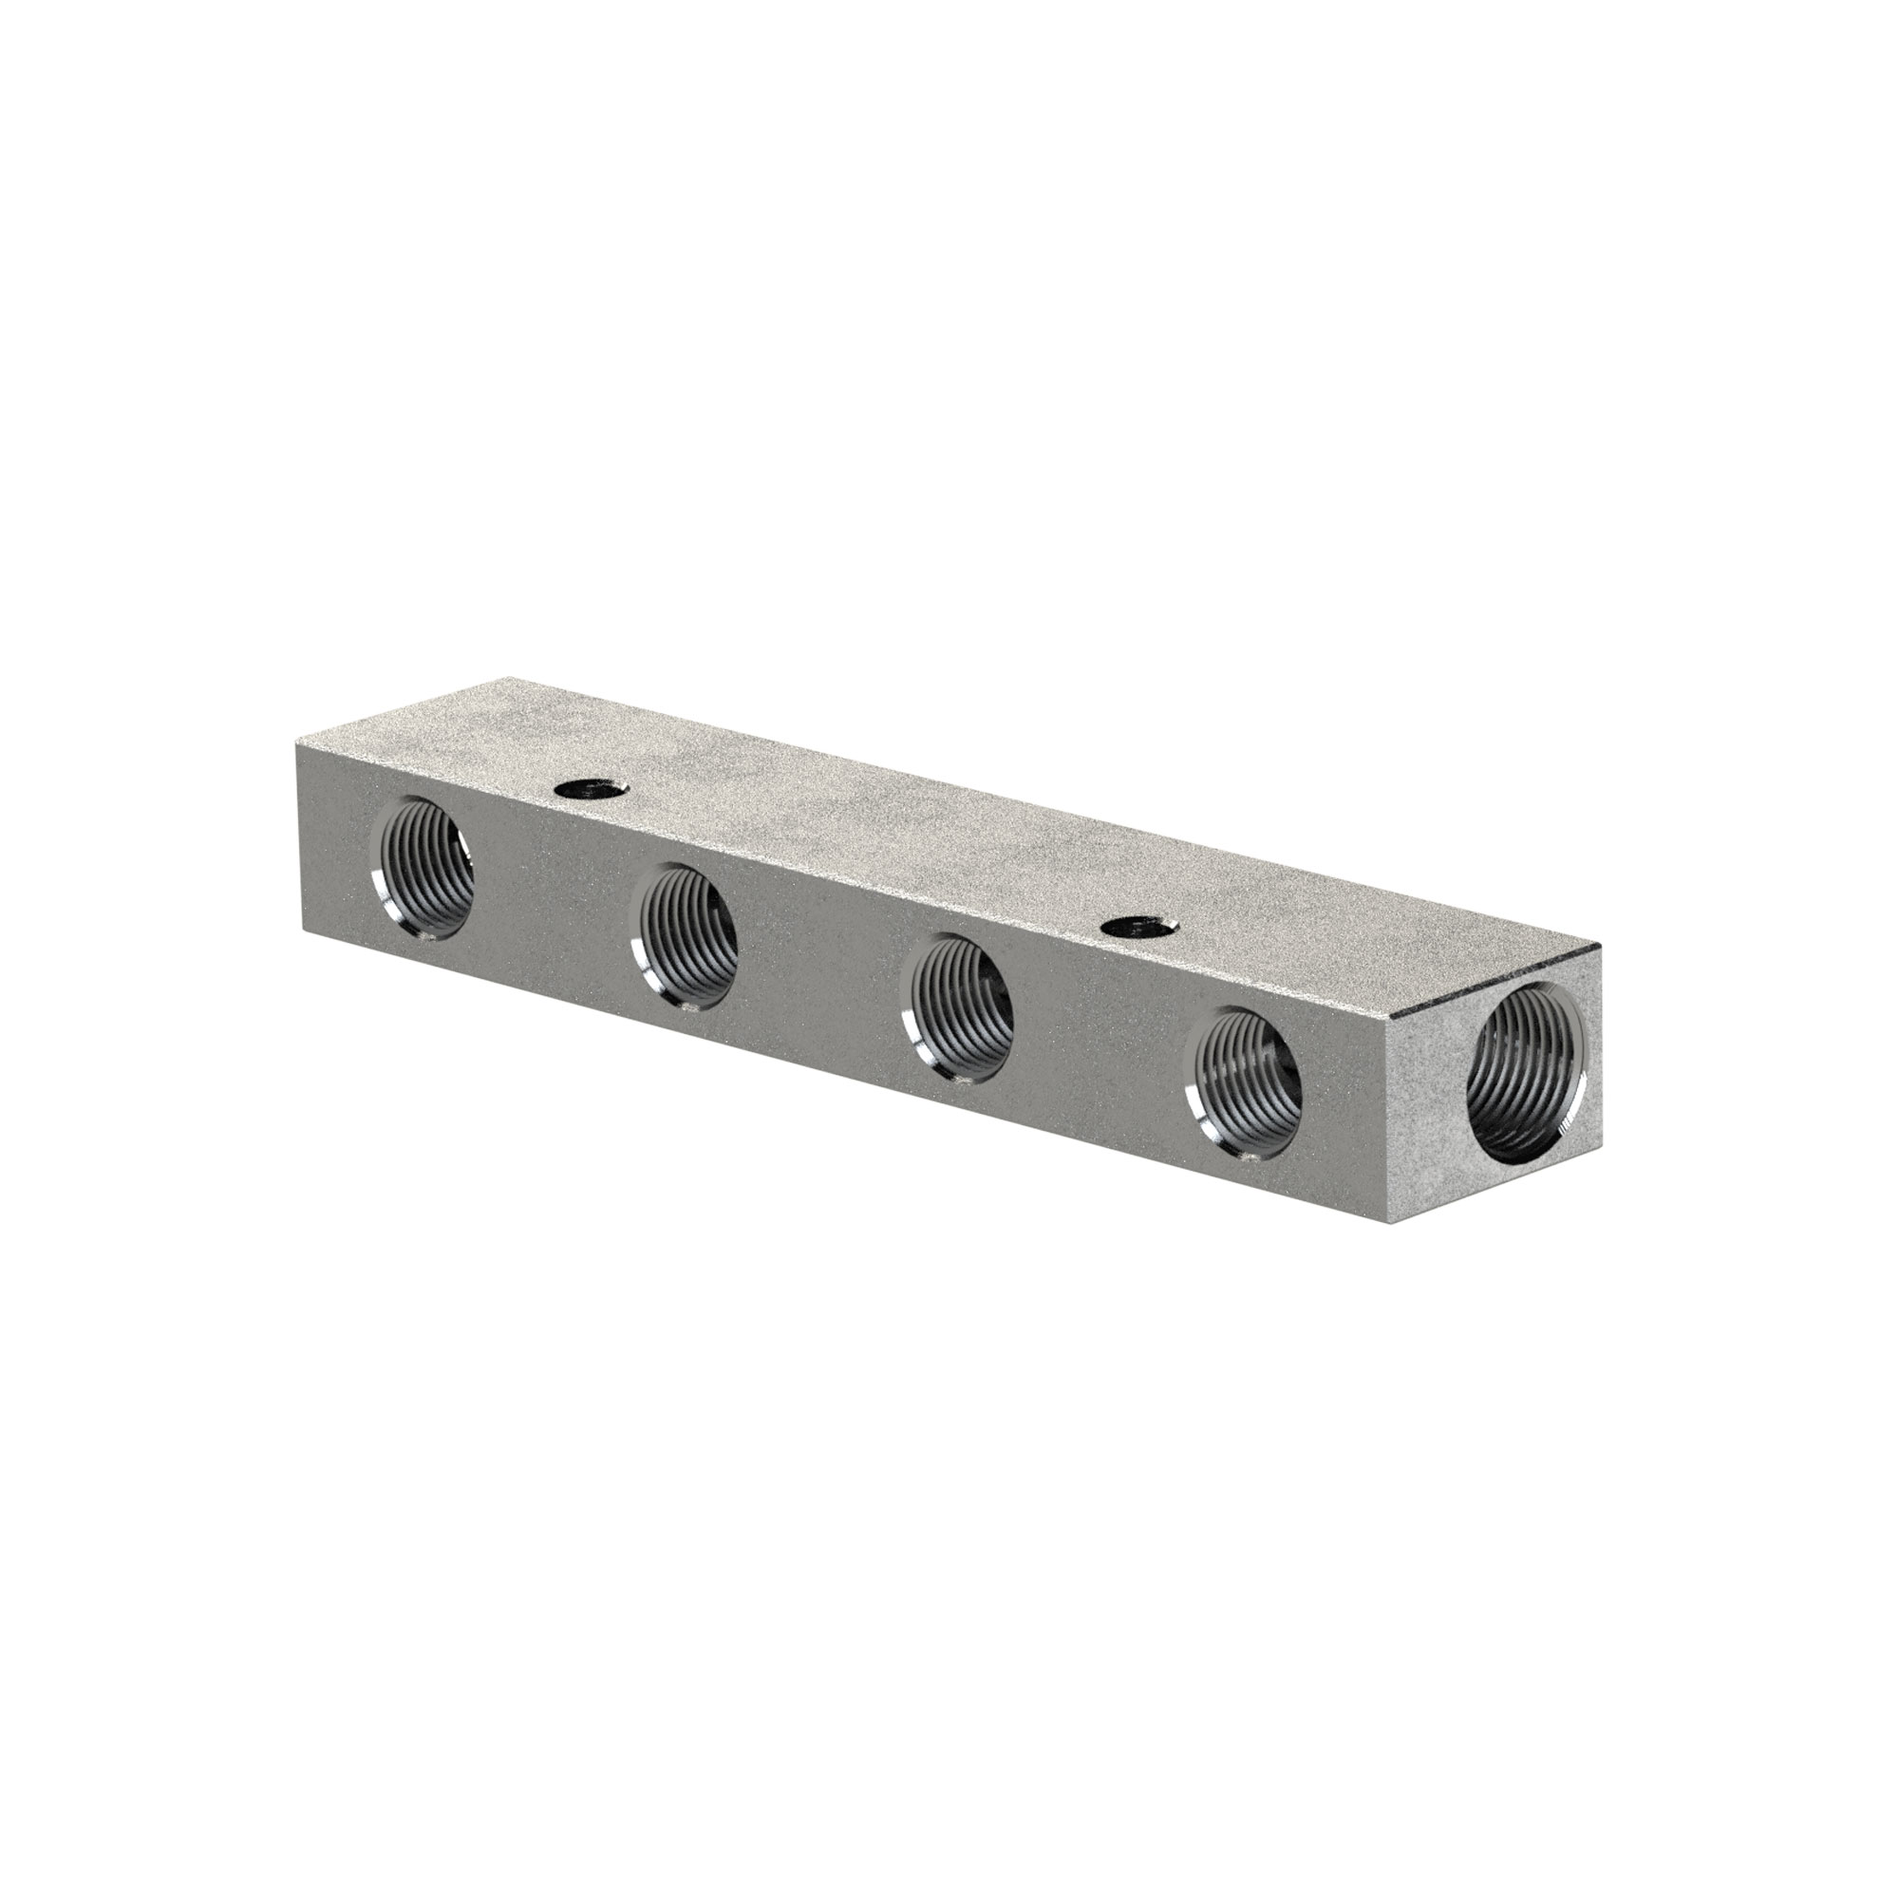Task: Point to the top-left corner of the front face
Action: tap(294, 744)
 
